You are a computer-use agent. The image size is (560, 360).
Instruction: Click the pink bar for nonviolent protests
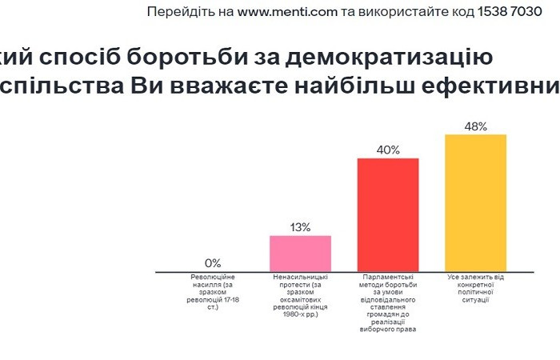pos(300,254)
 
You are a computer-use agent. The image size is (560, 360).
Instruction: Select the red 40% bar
pos(388,215)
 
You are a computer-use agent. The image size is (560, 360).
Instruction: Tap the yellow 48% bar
pos(475,203)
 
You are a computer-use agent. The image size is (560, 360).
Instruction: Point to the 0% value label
pos(213,262)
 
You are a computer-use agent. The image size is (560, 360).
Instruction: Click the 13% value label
pos(300,227)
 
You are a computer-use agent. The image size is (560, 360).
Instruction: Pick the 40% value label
pos(388,150)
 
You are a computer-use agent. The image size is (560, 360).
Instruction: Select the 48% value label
pos(475,126)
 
